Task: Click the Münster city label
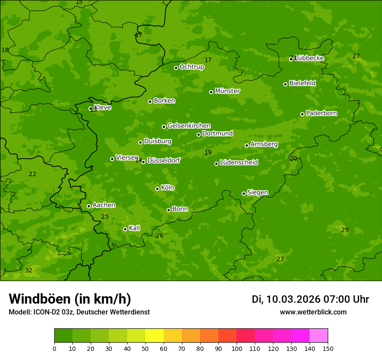tap(227, 91)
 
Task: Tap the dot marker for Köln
tap(157, 189)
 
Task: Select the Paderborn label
tap(321, 113)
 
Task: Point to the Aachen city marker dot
tap(89, 206)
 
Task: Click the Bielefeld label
tap(302, 83)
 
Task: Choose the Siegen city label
tap(257, 193)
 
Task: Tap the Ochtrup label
tap(191, 67)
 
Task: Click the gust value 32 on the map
tap(29, 271)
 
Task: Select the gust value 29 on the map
tap(345, 230)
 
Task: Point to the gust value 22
tap(32, 174)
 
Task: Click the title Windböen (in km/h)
tap(70, 299)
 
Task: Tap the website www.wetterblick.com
tap(313, 312)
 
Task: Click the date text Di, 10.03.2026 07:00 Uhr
tap(310, 299)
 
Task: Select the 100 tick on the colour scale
tap(237, 348)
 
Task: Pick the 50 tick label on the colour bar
tap(145, 348)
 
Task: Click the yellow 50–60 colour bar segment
tap(155, 336)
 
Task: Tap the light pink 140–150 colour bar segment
tap(319, 336)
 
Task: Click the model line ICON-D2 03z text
tap(79, 312)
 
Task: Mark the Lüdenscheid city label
tap(239, 163)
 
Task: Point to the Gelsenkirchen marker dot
tap(164, 127)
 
